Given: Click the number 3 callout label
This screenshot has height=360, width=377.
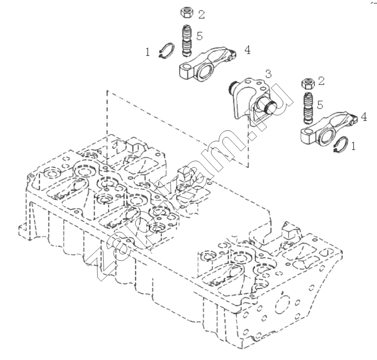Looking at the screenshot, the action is coord(268,74).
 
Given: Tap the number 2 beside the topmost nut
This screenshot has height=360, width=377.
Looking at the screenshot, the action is coord(202,15).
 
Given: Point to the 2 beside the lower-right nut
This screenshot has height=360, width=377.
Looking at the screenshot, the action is coord(322,81).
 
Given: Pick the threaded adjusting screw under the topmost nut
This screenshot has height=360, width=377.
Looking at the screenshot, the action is coord(186,41).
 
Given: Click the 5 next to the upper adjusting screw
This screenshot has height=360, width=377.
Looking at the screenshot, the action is coord(200,36).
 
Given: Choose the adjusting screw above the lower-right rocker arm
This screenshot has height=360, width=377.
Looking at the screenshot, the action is coord(307,108).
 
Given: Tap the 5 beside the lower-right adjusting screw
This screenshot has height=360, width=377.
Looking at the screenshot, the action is coord(320,105).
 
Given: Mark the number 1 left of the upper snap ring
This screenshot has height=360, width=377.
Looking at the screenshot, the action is coord(147,52).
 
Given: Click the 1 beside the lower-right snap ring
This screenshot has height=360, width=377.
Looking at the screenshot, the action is coord(353,146).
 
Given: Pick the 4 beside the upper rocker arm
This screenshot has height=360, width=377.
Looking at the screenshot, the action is coord(248,50).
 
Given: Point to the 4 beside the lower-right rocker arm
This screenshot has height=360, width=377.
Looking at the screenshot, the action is coord(364,117).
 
